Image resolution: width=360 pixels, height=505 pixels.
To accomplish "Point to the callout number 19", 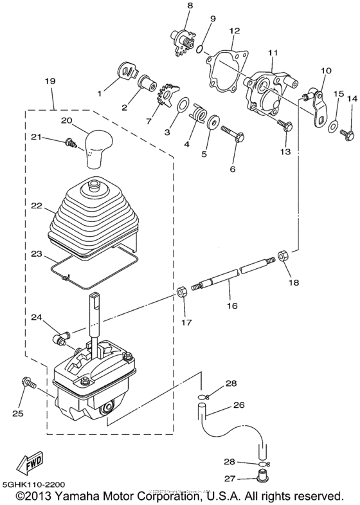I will (50, 82).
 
